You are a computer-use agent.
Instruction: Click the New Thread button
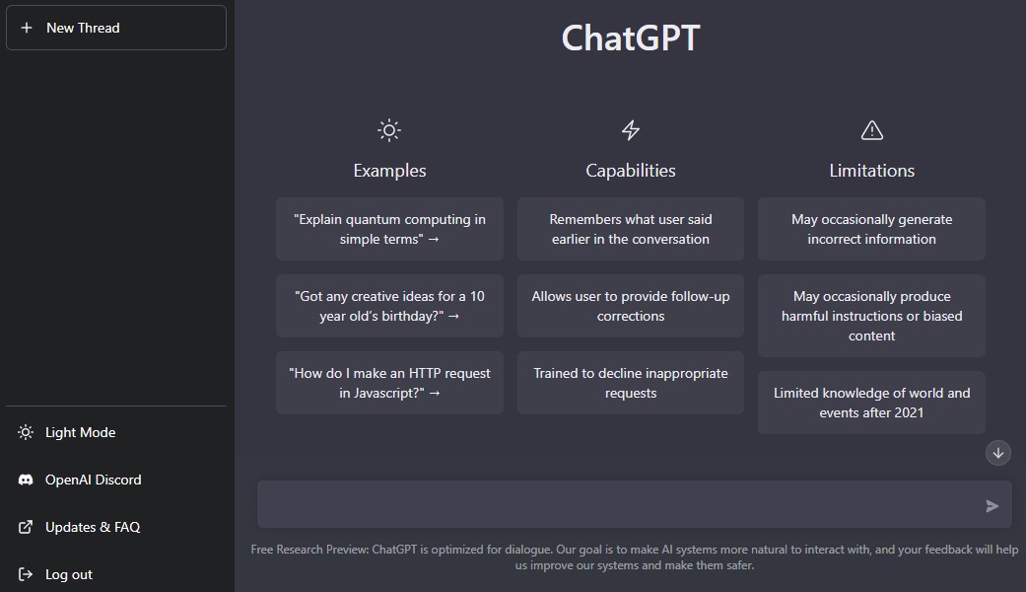[116, 28]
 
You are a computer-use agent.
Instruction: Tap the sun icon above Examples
[389, 130]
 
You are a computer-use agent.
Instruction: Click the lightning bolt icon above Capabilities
[631, 130]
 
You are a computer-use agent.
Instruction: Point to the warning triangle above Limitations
[871, 130]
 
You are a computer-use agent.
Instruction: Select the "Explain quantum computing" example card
[389, 229]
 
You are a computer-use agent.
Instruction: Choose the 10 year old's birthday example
[389, 306]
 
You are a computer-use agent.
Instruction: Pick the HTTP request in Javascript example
[389, 383]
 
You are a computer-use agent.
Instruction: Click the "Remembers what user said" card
[631, 229]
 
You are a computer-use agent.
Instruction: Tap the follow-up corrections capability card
[631, 306]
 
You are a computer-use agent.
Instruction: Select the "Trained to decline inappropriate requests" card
[631, 383]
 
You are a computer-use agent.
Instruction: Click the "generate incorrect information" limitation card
[871, 229]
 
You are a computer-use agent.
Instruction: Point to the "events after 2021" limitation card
[871, 403]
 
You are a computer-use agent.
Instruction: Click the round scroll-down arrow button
[997, 453]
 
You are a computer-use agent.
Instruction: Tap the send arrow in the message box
[992, 505]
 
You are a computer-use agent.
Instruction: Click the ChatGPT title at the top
[631, 37]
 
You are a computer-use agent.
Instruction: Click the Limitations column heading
[871, 171]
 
